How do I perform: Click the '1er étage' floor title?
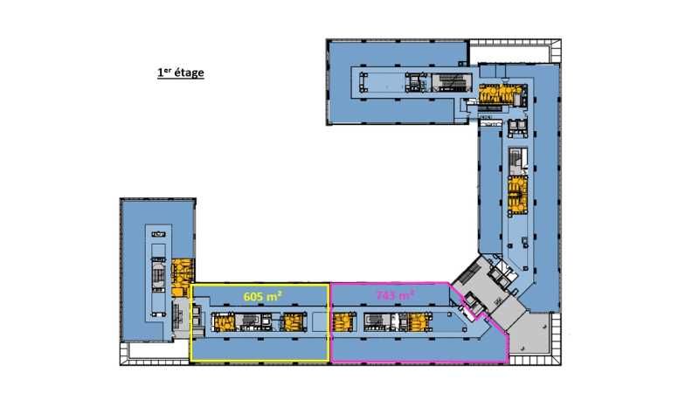181,72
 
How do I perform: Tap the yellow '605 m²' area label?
263,296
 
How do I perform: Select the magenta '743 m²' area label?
396,295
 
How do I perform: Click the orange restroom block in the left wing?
183,277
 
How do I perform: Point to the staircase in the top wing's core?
453,83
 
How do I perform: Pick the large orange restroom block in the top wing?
500,95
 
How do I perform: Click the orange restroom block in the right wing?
517,195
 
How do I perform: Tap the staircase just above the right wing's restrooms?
517,161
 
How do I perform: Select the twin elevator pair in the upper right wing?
517,128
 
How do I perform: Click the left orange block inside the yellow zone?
224,322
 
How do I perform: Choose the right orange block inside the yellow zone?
294,322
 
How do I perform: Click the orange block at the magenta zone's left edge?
344,322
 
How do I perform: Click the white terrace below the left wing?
156,351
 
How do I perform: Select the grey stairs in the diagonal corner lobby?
469,272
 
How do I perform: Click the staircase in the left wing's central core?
158,275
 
